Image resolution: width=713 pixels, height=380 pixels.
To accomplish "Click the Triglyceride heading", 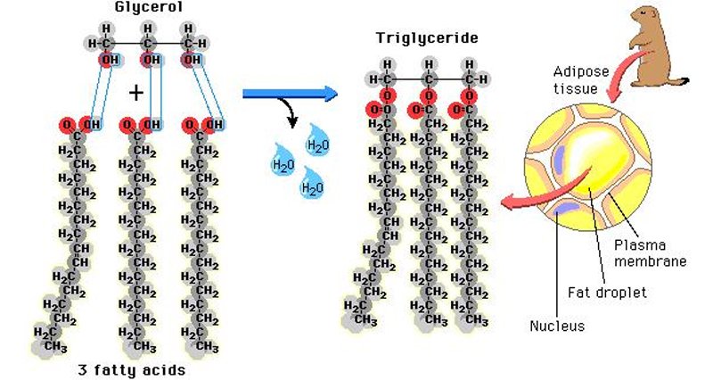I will tap(425, 38).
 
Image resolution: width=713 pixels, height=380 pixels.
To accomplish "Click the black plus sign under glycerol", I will tap(135, 92).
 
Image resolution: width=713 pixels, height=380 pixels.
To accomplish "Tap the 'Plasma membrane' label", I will tap(655, 252).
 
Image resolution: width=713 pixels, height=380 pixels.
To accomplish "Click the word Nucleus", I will tap(557, 326).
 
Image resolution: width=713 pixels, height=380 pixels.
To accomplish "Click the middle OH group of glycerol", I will tap(150, 61).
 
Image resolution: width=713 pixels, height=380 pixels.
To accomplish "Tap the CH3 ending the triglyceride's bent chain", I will tap(361, 318).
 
